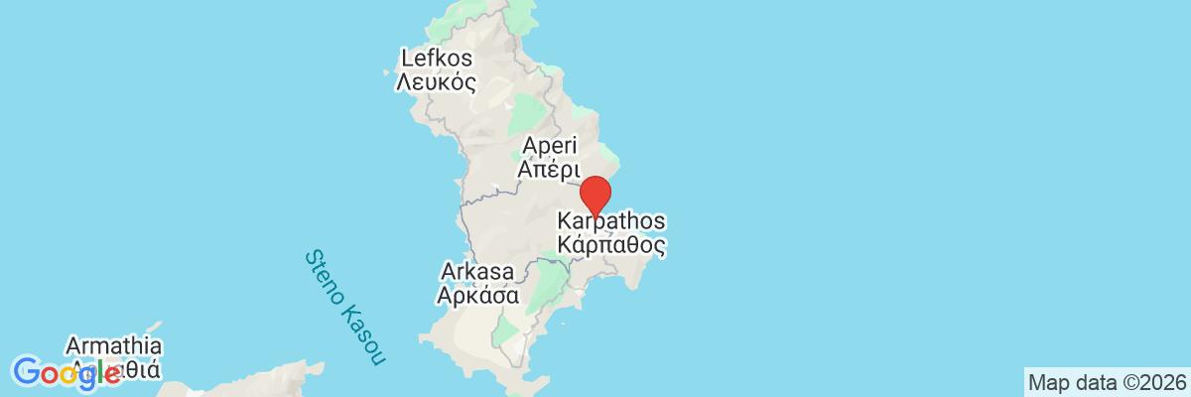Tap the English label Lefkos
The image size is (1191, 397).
pos(435,59)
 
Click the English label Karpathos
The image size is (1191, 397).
pos(611,219)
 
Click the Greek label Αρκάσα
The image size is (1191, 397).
pos(479,295)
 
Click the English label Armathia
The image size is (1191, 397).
pos(113,347)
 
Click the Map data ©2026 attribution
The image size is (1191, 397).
pos(1107,382)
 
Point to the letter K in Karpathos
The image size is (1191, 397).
pos(565,219)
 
